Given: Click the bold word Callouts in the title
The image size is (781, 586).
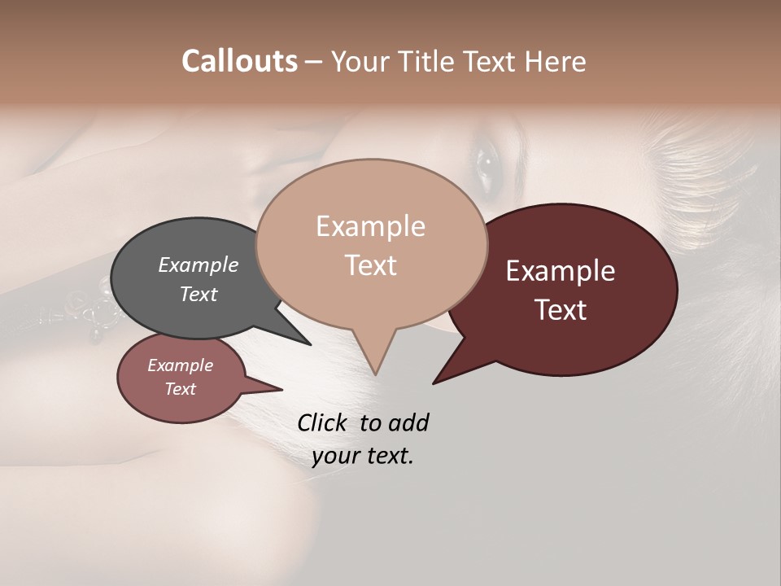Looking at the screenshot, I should tap(239, 61).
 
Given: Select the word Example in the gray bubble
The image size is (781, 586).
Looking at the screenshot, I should tap(199, 265).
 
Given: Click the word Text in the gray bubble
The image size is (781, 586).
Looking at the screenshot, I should tap(199, 294).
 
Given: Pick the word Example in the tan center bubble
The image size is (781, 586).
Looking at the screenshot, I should tap(370, 226).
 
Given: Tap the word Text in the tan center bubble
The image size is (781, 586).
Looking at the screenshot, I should tap(370, 265).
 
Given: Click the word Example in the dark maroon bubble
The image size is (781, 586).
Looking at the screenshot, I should tap(561, 271).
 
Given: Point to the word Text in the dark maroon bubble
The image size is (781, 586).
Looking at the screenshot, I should tap(561, 310).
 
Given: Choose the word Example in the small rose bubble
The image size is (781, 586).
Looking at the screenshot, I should tap(180, 365).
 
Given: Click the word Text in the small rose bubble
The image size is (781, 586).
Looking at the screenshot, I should tap(180, 389).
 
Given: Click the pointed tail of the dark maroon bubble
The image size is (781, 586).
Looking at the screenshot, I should tap(434, 383).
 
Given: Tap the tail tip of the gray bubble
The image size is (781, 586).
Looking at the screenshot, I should tap(310, 344).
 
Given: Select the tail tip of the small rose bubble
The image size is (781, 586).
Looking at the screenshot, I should tap(281, 389).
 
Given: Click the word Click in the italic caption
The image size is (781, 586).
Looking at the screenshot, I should tap(323, 422).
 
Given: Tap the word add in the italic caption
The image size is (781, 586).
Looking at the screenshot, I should tap(408, 422).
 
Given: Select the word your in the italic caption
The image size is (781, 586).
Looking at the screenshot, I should tap(334, 456).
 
